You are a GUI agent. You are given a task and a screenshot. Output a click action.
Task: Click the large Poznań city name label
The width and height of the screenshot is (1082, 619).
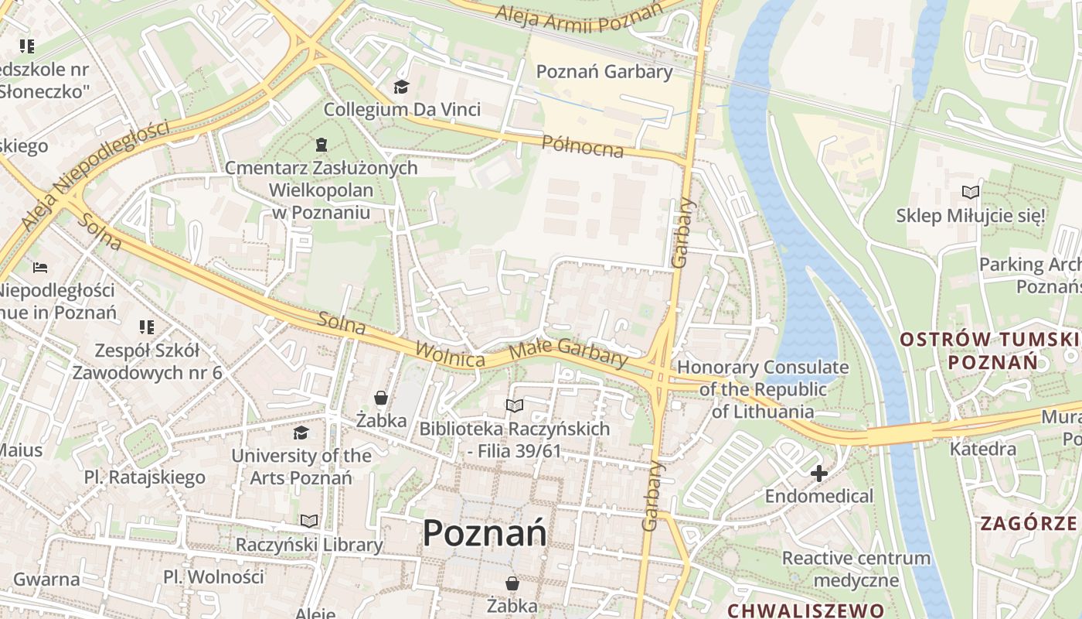(x=485, y=533)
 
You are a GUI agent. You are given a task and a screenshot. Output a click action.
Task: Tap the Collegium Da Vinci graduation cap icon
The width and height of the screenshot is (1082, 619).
(x=401, y=87)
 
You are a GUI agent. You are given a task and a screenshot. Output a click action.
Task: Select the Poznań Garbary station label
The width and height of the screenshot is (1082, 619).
(x=604, y=72)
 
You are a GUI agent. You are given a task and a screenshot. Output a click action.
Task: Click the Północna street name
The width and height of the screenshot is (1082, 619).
(x=582, y=145)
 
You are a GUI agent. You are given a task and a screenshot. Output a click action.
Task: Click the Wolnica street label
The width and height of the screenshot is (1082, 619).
(x=450, y=354)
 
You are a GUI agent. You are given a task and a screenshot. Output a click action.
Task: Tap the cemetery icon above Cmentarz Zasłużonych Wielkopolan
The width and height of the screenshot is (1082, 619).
(x=321, y=145)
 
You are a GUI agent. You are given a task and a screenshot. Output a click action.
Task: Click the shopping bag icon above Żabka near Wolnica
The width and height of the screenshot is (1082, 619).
(x=381, y=398)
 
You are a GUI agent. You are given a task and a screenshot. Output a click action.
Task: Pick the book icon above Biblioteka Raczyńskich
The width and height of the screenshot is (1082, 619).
(x=514, y=405)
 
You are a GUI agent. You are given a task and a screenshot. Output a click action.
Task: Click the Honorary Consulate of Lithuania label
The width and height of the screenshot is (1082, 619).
(x=763, y=389)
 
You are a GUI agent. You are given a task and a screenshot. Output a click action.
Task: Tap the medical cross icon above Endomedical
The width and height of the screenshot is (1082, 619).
(x=819, y=473)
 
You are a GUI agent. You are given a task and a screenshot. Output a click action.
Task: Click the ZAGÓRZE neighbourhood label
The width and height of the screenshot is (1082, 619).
(x=1028, y=524)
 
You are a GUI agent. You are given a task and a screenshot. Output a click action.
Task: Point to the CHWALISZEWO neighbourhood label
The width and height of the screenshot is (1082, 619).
(x=805, y=610)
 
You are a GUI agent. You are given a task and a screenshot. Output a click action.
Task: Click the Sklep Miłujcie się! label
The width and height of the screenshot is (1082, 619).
(x=971, y=215)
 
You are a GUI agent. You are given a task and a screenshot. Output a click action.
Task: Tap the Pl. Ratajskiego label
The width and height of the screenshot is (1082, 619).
(x=145, y=477)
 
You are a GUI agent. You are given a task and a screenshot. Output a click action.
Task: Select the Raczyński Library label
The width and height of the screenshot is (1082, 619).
(x=309, y=545)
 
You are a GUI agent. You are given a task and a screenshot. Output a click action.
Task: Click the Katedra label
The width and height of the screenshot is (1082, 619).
(x=982, y=449)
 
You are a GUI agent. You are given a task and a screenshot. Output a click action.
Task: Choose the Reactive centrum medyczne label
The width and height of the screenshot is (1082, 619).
(x=856, y=569)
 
